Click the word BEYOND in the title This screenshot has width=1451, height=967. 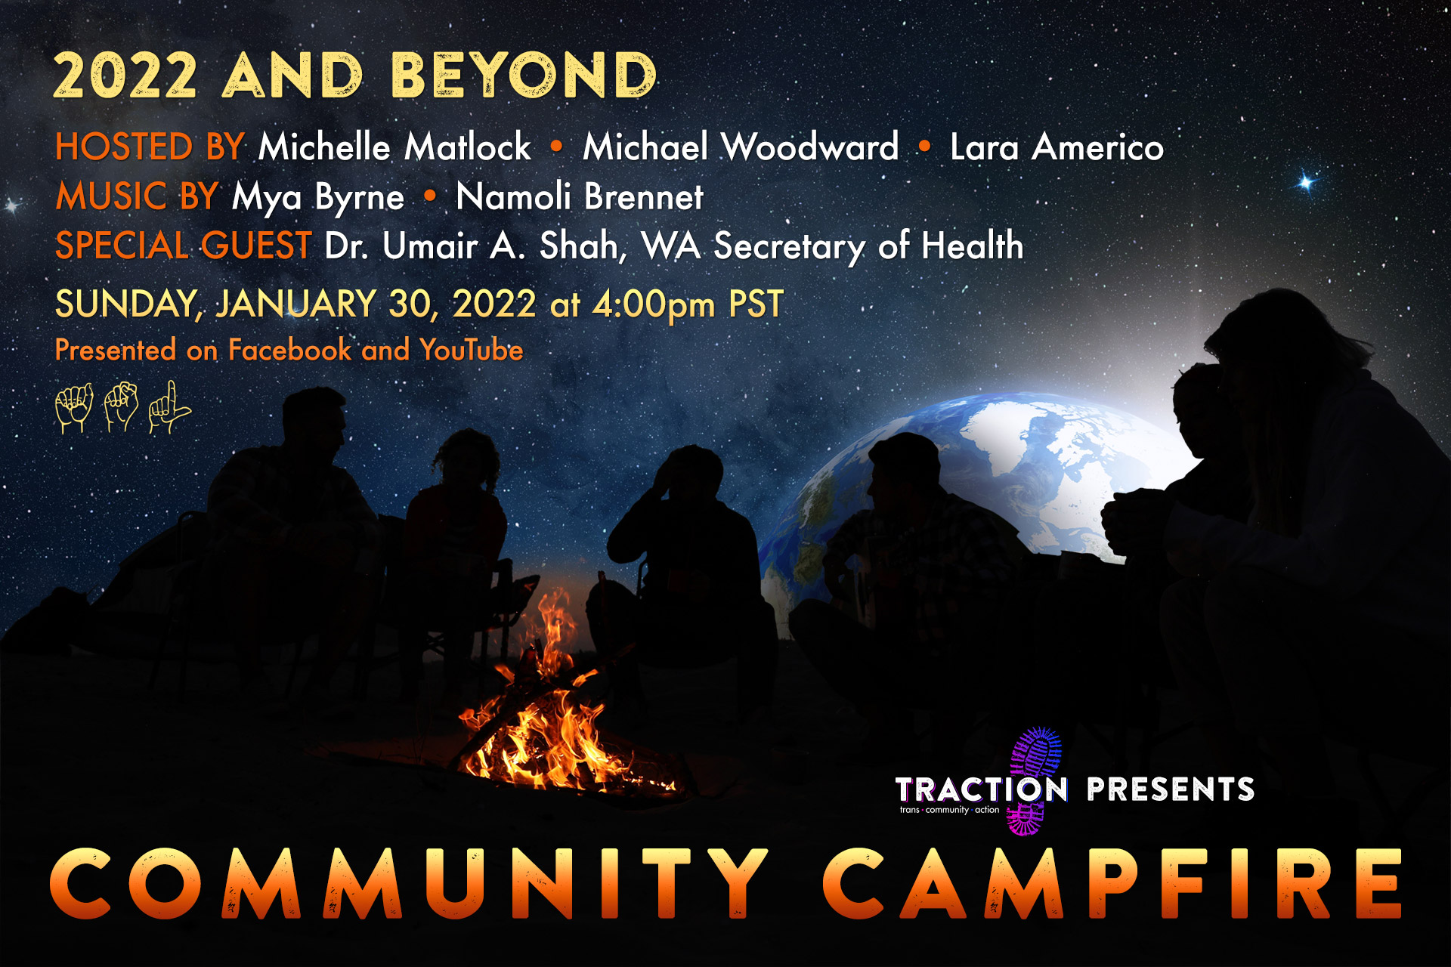pyautogui.click(x=524, y=76)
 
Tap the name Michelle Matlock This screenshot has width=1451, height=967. pyautogui.click(x=394, y=147)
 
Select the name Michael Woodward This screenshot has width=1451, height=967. pyautogui.click(x=741, y=147)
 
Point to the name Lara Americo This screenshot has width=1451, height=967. pyautogui.click(x=1057, y=147)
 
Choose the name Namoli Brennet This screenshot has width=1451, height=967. pyautogui.click(x=580, y=196)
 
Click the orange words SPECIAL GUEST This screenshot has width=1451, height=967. pyautogui.click(x=183, y=246)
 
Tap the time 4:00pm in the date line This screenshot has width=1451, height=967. pyautogui.click(x=654, y=304)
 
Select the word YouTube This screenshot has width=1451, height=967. pyautogui.click(x=472, y=350)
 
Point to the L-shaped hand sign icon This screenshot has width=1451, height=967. pyautogui.click(x=169, y=407)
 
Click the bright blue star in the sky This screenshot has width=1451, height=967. pyautogui.click(x=1306, y=182)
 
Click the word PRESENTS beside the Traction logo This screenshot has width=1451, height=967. pyautogui.click(x=1171, y=789)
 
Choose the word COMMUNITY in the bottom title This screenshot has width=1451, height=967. pyautogui.click(x=409, y=883)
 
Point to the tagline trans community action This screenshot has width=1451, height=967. pyautogui.click(x=949, y=810)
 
